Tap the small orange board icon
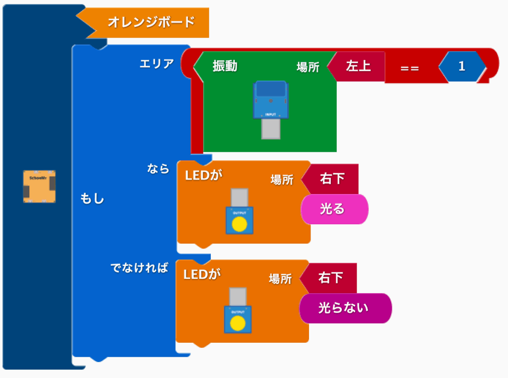click(39, 186)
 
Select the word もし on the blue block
click(92, 198)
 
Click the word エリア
click(156, 63)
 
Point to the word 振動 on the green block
click(225, 66)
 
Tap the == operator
click(409, 68)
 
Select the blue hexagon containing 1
click(462, 66)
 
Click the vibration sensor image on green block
click(270, 110)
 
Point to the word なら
click(158, 169)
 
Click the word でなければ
click(139, 267)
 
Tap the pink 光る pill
click(335, 209)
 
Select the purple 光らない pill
click(345, 308)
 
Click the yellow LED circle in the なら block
click(240, 224)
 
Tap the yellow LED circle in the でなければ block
click(238, 323)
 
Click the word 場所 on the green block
click(308, 67)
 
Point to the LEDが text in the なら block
click(203, 175)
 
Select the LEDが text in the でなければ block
click(202, 274)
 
